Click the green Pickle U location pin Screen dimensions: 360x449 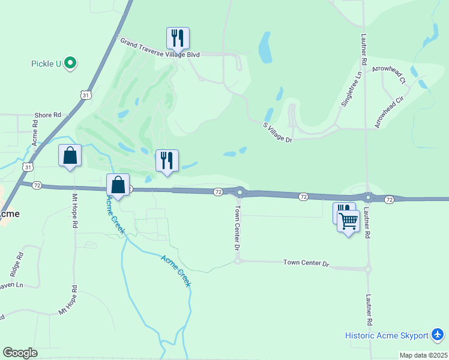pyautogui.click(x=71, y=62)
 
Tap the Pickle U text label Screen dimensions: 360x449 pyautogui.click(x=46, y=63)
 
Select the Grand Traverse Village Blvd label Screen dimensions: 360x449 pyautogui.click(x=160, y=48)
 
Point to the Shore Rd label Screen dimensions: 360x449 pyautogui.click(x=48, y=115)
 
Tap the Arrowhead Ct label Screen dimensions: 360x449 pyautogui.click(x=389, y=74)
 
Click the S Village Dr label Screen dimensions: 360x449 pyautogui.click(x=277, y=132)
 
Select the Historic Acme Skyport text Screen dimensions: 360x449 pyautogui.click(x=387, y=335)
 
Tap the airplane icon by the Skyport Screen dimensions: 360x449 pyautogui.click(x=437, y=334)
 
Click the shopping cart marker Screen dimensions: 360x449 pyautogui.click(x=348, y=221)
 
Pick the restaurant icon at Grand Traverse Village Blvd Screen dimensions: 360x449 pyautogui.click(x=178, y=38)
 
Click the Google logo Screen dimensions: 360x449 pyautogui.click(x=20, y=353)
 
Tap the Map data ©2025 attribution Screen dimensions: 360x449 pyautogui.click(x=423, y=355)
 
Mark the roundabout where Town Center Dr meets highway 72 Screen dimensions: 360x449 pyautogui.click(x=240, y=193)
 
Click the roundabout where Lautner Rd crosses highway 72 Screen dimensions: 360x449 pyautogui.click(x=367, y=197)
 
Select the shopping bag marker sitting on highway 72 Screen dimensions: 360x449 pyautogui.click(x=118, y=185)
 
